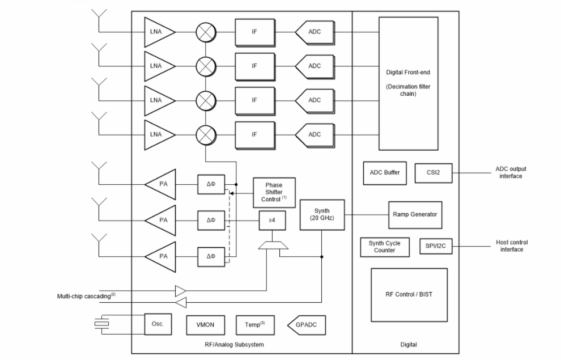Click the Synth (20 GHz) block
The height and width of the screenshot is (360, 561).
click(322, 214)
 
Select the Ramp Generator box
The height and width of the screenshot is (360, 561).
click(415, 215)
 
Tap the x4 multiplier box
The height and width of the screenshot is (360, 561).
click(272, 219)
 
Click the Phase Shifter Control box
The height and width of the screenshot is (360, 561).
click(274, 192)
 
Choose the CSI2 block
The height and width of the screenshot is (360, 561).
click(433, 173)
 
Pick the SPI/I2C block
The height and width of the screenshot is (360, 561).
click(436, 245)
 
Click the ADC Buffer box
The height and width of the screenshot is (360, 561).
click(384, 173)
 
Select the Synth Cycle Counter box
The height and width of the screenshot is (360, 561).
click(384, 247)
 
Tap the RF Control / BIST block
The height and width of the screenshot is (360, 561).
click(409, 294)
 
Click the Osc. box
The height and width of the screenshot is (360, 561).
click(158, 324)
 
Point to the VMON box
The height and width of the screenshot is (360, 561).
click(205, 325)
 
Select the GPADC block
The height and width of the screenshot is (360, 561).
click(307, 325)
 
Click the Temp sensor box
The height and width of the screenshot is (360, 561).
click(254, 325)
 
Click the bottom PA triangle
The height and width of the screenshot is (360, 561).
click(161, 256)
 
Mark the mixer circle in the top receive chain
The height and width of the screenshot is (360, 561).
click(206, 32)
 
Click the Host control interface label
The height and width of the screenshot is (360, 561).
click(511, 245)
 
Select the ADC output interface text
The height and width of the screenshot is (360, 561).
click(511, 172)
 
